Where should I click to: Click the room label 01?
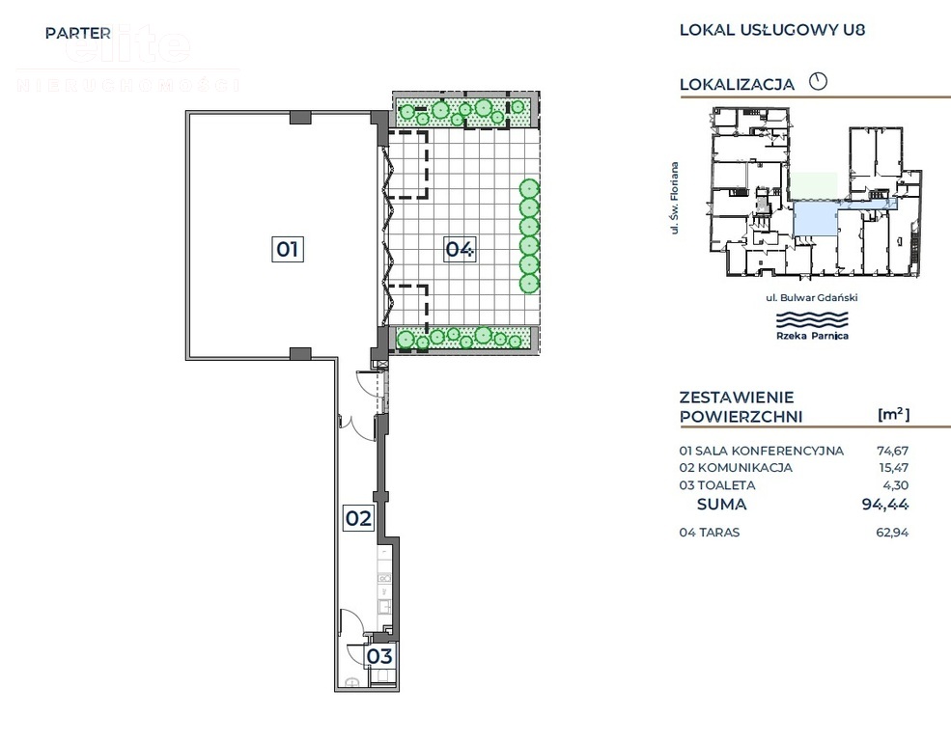coord(288,249)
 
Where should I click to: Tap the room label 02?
coord(358,518)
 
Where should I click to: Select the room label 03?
coord(379,657)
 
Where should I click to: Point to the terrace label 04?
coord(460,249)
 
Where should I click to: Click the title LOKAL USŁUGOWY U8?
coord(771,29)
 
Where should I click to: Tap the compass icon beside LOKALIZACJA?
coord(818,81)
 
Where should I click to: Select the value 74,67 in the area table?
coord(892,451)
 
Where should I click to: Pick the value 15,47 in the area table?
coord(892,468)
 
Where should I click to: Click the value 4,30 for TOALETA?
coord(895,485)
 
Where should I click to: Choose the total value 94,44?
coord(885,504)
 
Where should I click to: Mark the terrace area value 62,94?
coord(892,533)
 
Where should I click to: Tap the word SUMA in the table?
coord(721,504)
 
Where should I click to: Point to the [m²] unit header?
coord(893,414)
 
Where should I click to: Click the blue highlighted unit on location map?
coord(813,219)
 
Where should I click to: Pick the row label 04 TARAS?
coord(710,533)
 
